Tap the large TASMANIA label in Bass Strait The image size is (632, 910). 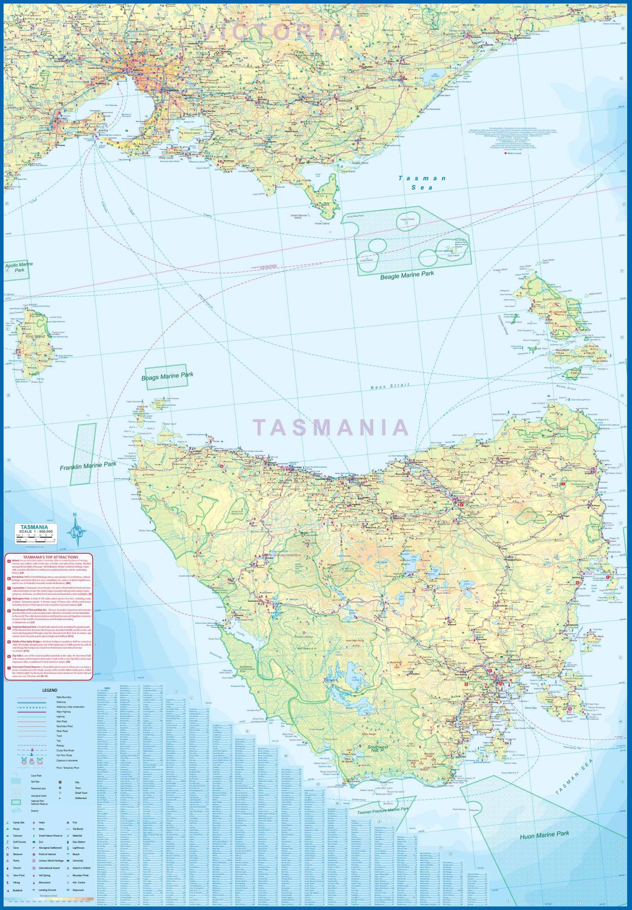pos(331,427)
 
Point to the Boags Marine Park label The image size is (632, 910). pos(167,376)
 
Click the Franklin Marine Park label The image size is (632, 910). pos(88,466)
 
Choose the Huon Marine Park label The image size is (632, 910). pos(544,835)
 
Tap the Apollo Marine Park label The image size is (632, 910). pos(19,267)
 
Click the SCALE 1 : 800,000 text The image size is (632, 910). pos(36,532)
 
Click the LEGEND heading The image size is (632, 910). pos(50,690)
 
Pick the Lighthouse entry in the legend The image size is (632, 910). pos(78,848)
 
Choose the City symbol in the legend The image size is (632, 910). pos(61,782)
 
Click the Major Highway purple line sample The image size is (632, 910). pos(32,711)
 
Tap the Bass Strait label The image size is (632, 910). pos(390,386)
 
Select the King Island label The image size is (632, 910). pos(35,336)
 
